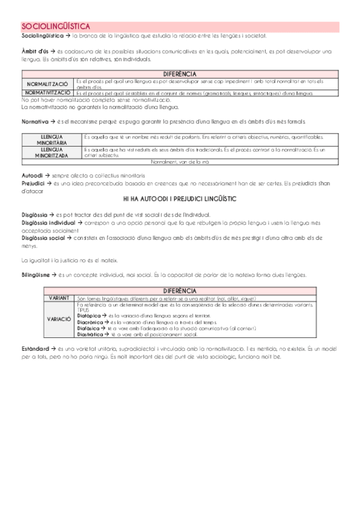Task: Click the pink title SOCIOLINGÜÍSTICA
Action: pyautogui.click(x=56, y=26)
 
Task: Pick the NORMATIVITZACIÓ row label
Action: pyautogui.click(x=48, y=94)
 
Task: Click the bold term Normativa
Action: pyautogui.click(x=34, y=121)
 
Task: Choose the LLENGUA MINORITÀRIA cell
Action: pyautogui.click(x=50, y=139)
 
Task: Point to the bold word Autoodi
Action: pyautogui.click(x=32, y=174)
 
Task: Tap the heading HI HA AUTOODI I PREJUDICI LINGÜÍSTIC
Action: pyautogui.click(x=180, y=198)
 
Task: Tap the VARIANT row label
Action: pyautogui.click(x=59, y=298)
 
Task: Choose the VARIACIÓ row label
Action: pyautogui.click(x=59, y=318)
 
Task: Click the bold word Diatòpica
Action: pyautogui.click(x=90, y=315)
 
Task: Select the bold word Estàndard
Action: pyautogui.click(x=35, y=349)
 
